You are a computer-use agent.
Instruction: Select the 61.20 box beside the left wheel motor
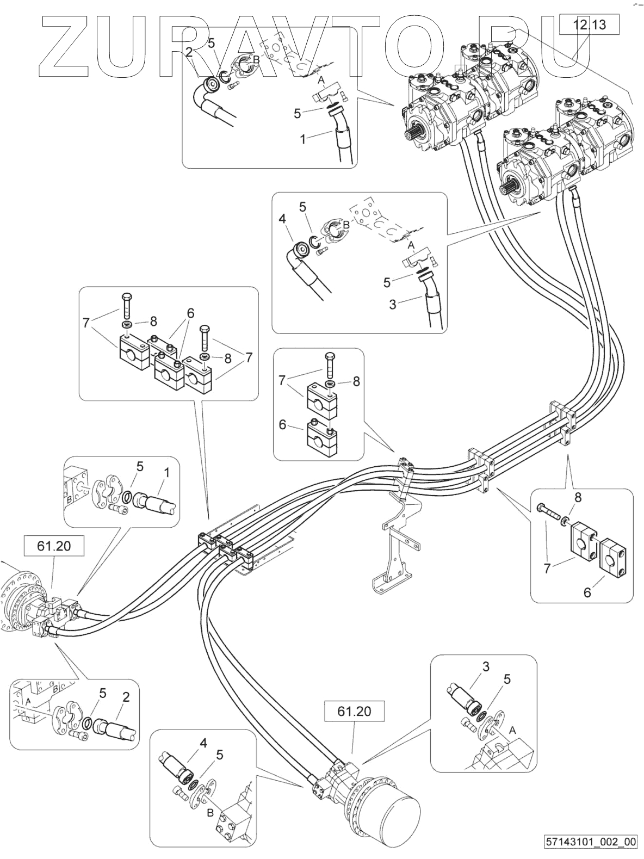[54, 546]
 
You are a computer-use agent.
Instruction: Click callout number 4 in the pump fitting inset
[282, 219]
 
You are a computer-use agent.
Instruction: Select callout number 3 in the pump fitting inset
[393, 304]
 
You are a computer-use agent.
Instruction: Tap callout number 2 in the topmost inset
[189, 52]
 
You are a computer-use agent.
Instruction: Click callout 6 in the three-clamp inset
[190, 313]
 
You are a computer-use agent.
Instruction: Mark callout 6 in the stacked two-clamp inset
[282, 424]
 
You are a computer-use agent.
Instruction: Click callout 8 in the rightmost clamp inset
[578, 497]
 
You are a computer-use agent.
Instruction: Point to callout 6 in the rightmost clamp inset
[587, 592]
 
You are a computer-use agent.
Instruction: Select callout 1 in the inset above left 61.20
[167, 473]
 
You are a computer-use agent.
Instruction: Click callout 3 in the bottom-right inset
[486, 666]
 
